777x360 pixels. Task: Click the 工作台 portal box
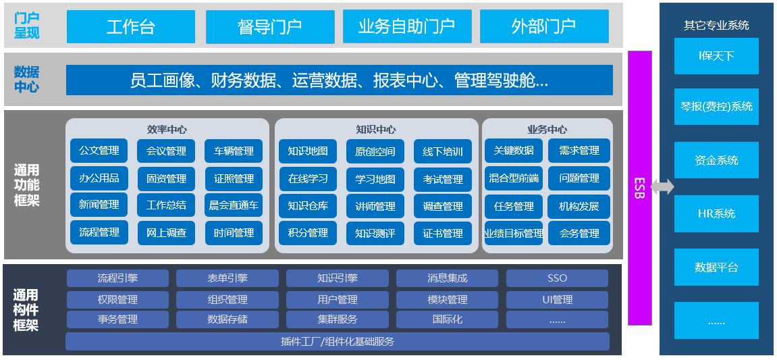coord(131,26)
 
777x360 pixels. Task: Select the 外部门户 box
coord(543,26)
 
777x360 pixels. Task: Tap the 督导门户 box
coord(269,26)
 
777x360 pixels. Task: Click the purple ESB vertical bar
coord(640,188)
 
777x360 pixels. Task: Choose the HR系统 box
coord(716,213)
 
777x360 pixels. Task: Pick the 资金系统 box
coord(716,160)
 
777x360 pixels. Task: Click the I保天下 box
coord(716,56)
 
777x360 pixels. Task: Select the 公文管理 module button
coord(99,151)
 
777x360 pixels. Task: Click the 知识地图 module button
coord(308,151)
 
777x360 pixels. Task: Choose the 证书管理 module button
coord(443,233)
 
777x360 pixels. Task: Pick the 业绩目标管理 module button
coord(513,234)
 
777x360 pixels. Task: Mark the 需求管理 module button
coord(579,151)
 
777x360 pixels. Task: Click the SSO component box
coord(557,278)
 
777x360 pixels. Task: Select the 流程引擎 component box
coord(117,278)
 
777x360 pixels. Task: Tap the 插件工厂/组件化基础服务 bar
coord(337,342)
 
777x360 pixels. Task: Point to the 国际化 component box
coord(447,319)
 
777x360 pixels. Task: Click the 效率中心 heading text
coord(167,129)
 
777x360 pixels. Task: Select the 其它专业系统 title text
coord(716,26)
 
